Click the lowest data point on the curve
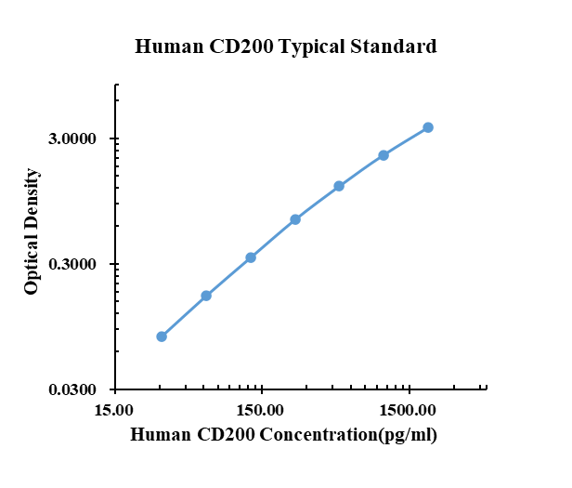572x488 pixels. pyautogui.click(x=162, y=336)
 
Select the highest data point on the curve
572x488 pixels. pyautogui.click(x=428, y=127)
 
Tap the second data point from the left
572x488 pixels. pyautogui.click(x=206, y=296)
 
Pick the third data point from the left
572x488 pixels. pyautogui.click(x=251, y=257)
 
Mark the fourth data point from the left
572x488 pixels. pyautogui.click(x=295, y=219)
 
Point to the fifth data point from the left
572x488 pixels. pyautogui.click(x=339, y=186)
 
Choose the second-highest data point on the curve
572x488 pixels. pyautogui.click(x=383, y=155)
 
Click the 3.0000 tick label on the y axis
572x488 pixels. pyautogui.click(x=73, y=139)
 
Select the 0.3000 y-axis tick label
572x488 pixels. pyautogui.click(x=73, y=265)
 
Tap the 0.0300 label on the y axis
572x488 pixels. pyautogui.click(x=73, y=389)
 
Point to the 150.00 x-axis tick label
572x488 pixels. pyautogui.click(x=261, y=410)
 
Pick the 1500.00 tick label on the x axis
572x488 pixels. pyautogui.click(x=409, y=410)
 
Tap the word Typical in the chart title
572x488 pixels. pyautogui.click(x=320, y=46)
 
